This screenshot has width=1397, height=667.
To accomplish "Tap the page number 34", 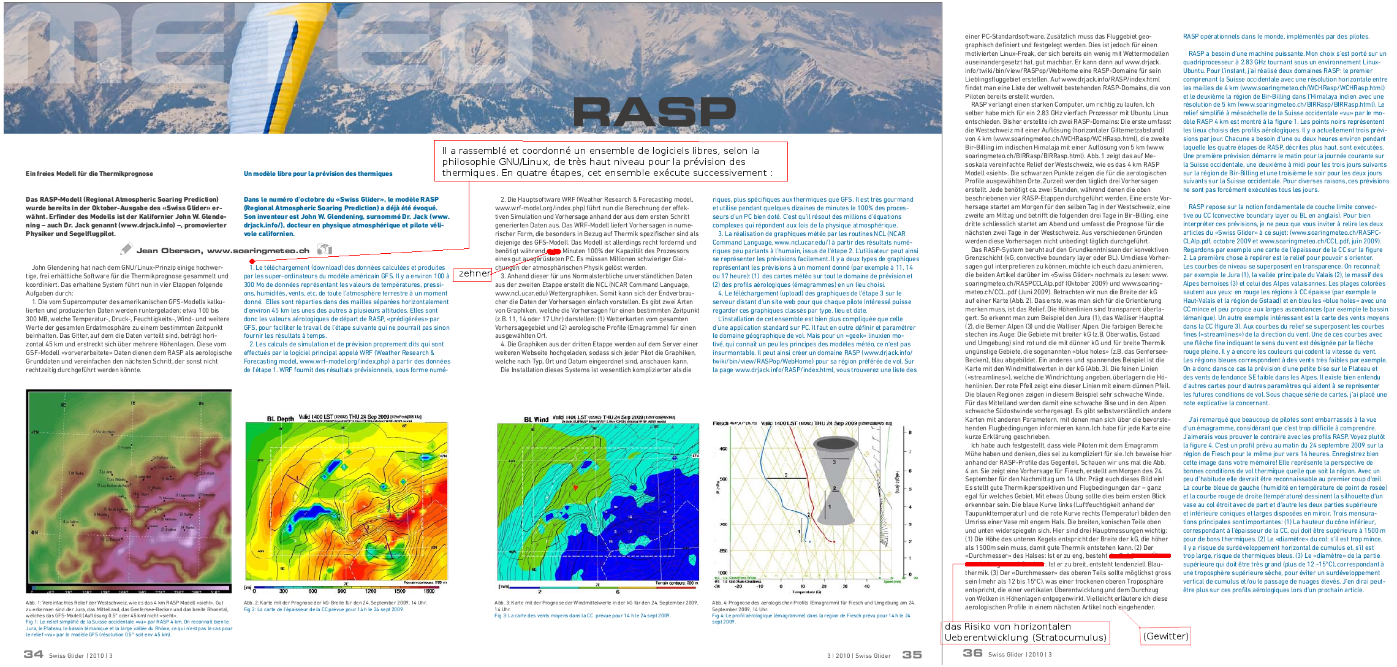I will pyautogui.click(x=33, y=654).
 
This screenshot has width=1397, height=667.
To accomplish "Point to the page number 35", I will pyautogui.click(x=912, y=655).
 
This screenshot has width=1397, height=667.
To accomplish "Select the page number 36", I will pyautogui.click(x=972, y=653).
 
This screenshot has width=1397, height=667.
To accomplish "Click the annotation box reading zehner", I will pyautogui.click(x=474, y=273).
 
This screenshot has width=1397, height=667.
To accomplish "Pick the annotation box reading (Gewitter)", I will pyautogui.click(x=1165, y=636).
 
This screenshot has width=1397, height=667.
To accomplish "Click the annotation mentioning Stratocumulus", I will pyautogui.click(x=1026, y=632).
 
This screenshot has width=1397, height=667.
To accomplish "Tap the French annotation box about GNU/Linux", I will pyautogui.click(x=610, y=161).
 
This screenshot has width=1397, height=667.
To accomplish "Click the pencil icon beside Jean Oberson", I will pyautogui.click(x=126, y=249).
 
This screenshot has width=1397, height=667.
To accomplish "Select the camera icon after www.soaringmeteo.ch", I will pyautogui.click(x=324, y=249).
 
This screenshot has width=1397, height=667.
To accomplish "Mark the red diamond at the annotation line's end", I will pyautogui.click(x=252, y=262).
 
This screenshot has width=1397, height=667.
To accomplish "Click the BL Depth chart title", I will pyautogui.click(x=280, y=419).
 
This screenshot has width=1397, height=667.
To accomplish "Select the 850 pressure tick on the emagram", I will pyautogui.click(x=724, y=551).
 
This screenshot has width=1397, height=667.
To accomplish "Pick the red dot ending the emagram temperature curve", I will pyautogui.click(x=834, y=541).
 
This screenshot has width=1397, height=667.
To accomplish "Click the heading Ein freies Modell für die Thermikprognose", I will pyautogui.click(x=89, y=173).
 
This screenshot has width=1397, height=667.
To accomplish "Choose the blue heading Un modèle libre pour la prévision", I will pyautogui.click(x=318, y=173).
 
